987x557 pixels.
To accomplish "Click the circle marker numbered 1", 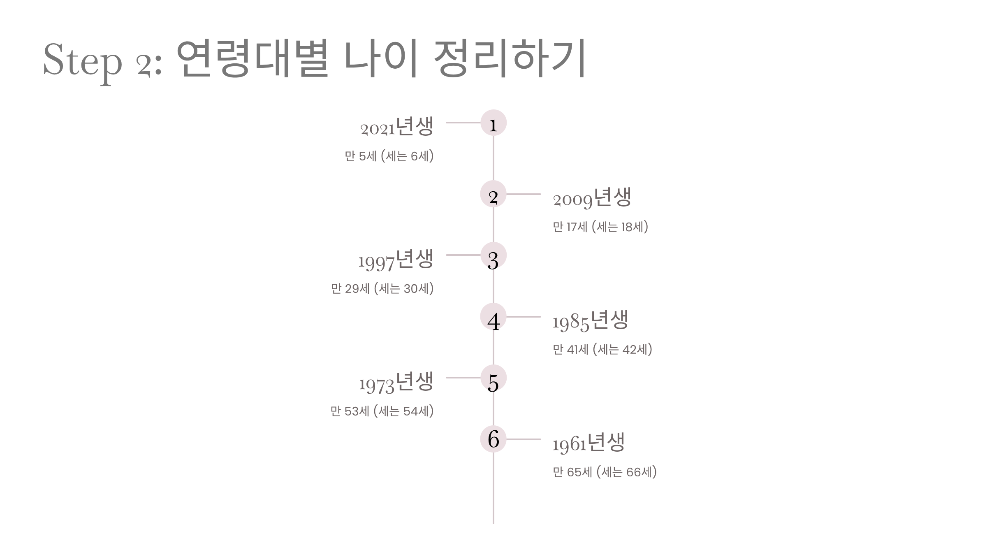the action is click(493, 123).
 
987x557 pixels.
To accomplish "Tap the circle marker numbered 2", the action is click(493, 194).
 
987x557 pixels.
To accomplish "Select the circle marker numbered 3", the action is click(493, 255).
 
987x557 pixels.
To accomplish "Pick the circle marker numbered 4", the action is click(493, 316).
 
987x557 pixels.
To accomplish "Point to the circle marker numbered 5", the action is click(493, 378).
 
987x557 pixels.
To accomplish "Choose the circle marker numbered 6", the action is click(493, 439).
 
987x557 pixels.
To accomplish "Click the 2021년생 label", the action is click(397, 127).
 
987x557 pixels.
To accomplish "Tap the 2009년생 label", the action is click(592, 198).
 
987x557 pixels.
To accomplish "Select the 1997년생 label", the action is click(396, 260).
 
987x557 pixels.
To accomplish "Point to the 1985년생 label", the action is click(590, 320).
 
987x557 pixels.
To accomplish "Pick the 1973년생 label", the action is click(396, 382).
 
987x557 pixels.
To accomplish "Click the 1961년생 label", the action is click(588, 443).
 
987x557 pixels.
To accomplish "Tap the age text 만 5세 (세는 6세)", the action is click(389, 156).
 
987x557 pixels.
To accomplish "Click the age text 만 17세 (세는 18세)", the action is click(600, 227).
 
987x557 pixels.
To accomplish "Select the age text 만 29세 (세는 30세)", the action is click(382, 289).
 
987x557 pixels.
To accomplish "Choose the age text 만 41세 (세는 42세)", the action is click(602, 350).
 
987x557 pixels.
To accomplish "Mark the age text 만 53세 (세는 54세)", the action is click(382, 411).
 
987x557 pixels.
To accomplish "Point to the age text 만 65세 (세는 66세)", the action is click(605, 472).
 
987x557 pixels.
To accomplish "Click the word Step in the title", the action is click(83, 61).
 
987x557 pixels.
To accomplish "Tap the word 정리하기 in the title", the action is click(510, 58).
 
